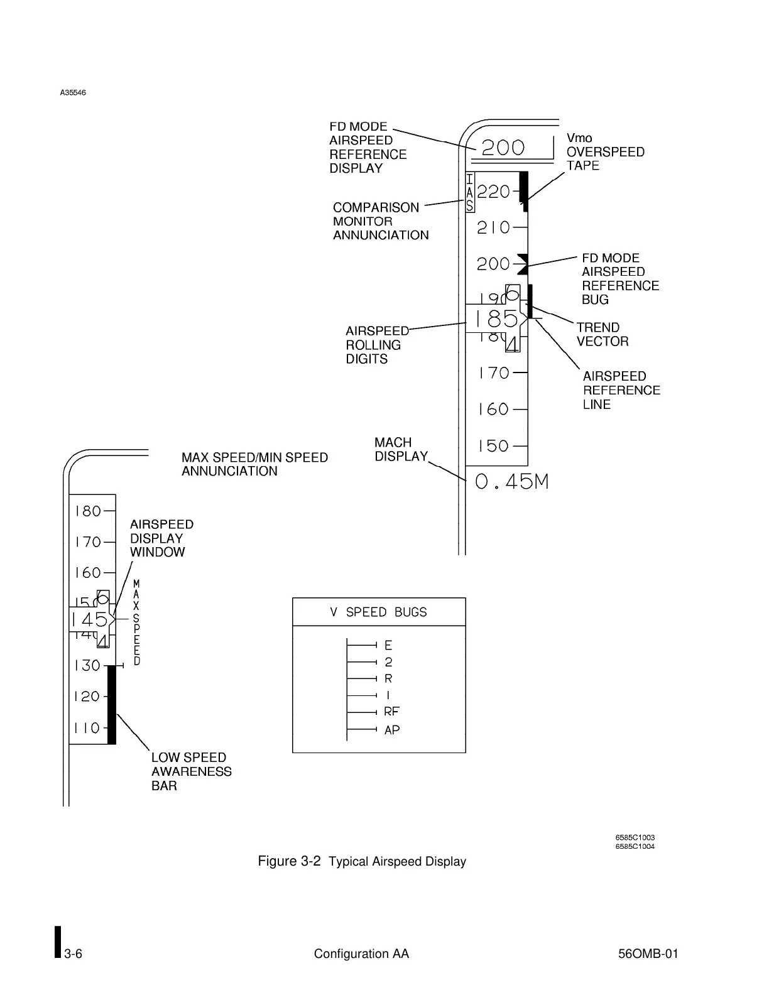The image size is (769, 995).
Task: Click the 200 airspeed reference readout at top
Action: coord(503,148)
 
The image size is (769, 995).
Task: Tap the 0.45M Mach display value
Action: coord(512,482)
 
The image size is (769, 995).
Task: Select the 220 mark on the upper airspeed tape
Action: coord(494,192)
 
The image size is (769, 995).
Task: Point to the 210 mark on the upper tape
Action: coord(494,227)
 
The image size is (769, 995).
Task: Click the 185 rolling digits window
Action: coord(496,319)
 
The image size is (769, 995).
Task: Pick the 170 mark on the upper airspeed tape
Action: coord(494,373)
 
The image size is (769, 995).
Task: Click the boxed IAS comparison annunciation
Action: coord(469,192)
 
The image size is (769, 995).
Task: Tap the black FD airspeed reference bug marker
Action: coord(521,264)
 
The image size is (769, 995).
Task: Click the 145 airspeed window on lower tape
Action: coord(90,620)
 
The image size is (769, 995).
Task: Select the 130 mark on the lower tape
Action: coord(87,666)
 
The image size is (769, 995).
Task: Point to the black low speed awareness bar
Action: coord(112,705)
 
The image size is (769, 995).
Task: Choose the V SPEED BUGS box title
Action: coord(378,612)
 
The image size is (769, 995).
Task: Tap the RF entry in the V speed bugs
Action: coord(391,712)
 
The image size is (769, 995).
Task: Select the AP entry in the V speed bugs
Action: coord(392,730)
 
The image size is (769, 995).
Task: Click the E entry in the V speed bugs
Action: coord(388,645)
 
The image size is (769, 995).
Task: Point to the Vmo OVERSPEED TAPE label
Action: coord(605,151)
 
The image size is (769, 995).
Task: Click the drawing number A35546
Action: coord(73,93)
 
